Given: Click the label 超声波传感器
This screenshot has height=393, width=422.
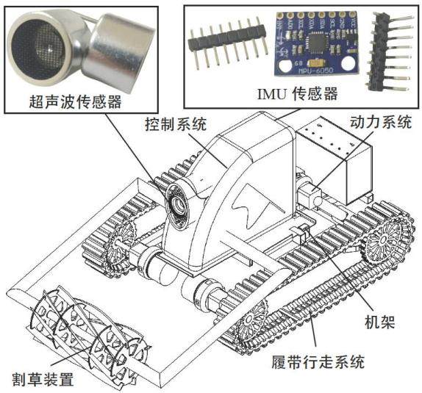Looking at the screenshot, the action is click(x=75, y=102).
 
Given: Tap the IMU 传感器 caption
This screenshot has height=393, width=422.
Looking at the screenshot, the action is click(x=298, y=93).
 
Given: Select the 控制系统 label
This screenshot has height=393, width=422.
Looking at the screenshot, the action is click(x=176, y=124).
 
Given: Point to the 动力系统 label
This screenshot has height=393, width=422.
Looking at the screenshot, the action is click(x=381, y=122).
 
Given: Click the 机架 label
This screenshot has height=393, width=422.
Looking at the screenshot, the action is click(x=380, y=322).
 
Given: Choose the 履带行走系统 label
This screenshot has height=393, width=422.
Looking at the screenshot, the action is click(x=318, y=362).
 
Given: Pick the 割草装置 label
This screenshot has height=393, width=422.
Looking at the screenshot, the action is click(x=43, y=379).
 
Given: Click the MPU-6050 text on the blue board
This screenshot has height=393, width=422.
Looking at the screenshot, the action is click(x=315, y=71).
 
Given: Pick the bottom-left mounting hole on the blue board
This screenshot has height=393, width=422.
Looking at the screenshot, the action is click(x=285, y=65).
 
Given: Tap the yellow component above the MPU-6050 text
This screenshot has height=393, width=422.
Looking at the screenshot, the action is click(x=315, y=62).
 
